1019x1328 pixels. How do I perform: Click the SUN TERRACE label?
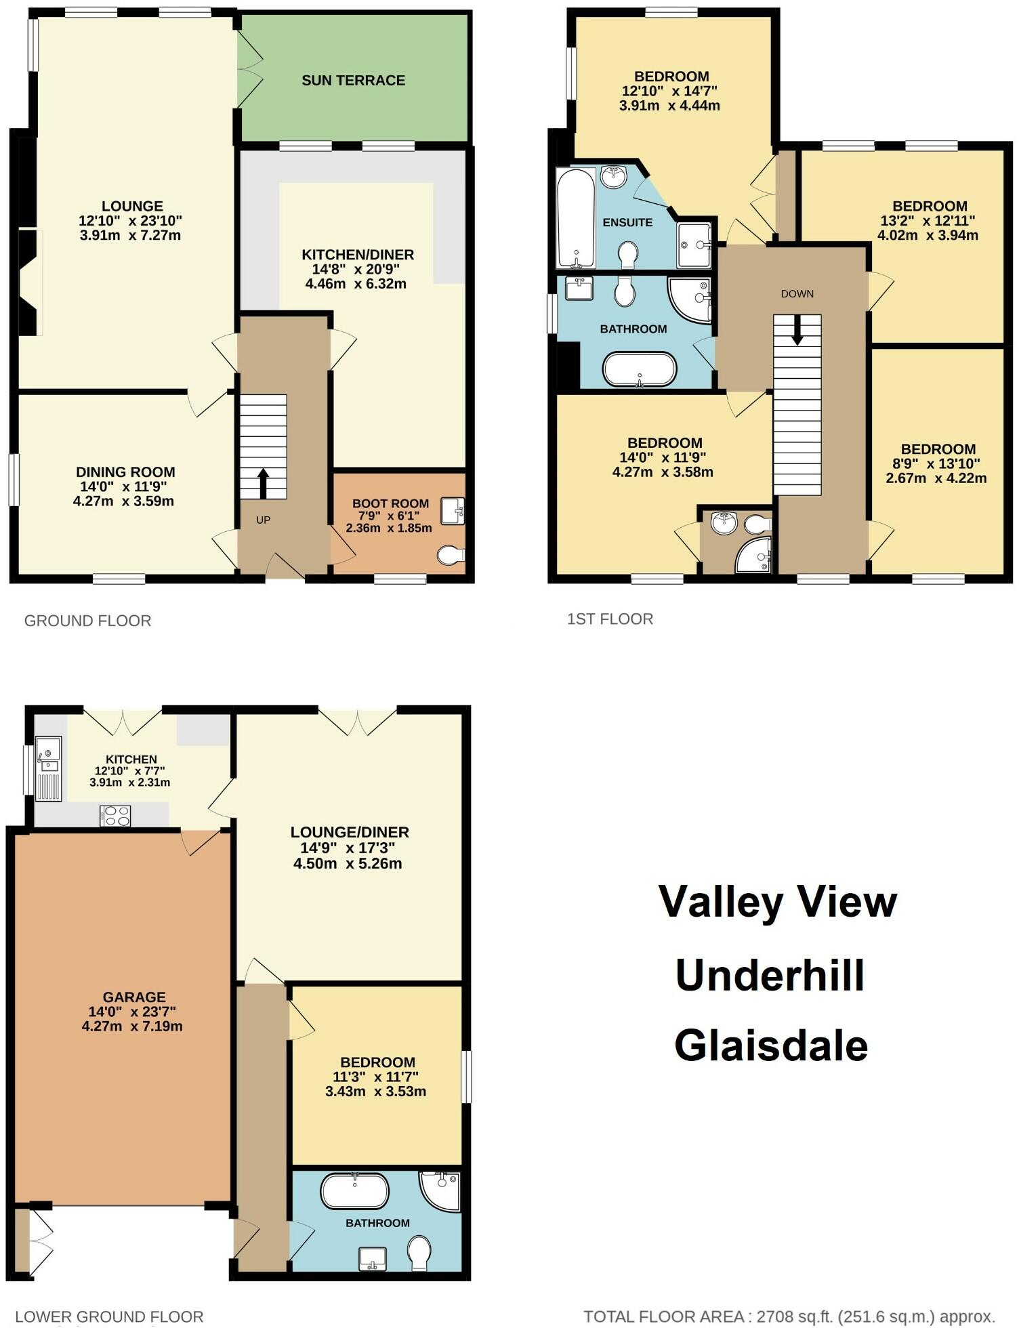click(353, 81)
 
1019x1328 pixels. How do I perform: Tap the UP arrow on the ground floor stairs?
click(264, 483)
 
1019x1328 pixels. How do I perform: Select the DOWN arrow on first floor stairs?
click(797, 331)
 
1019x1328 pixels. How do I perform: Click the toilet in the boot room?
click(451, 556)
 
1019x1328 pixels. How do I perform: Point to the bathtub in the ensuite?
click(576, 218)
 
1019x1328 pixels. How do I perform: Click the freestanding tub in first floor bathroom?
click(639, 369)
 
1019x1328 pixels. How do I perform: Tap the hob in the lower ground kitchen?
click(115, 816)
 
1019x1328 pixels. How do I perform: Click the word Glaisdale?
click(771, 1045)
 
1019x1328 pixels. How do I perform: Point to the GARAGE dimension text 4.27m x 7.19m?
click(132, 1026)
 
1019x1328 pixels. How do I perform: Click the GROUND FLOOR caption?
click(87, 621)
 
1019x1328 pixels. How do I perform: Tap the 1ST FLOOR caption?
click(610, 619)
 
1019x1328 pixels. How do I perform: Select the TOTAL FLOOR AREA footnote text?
click(789, 1316)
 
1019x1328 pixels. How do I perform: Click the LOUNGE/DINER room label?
click(350, 832)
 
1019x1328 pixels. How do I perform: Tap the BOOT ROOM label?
click(390, 503)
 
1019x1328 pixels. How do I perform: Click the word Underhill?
click(770, 976)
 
